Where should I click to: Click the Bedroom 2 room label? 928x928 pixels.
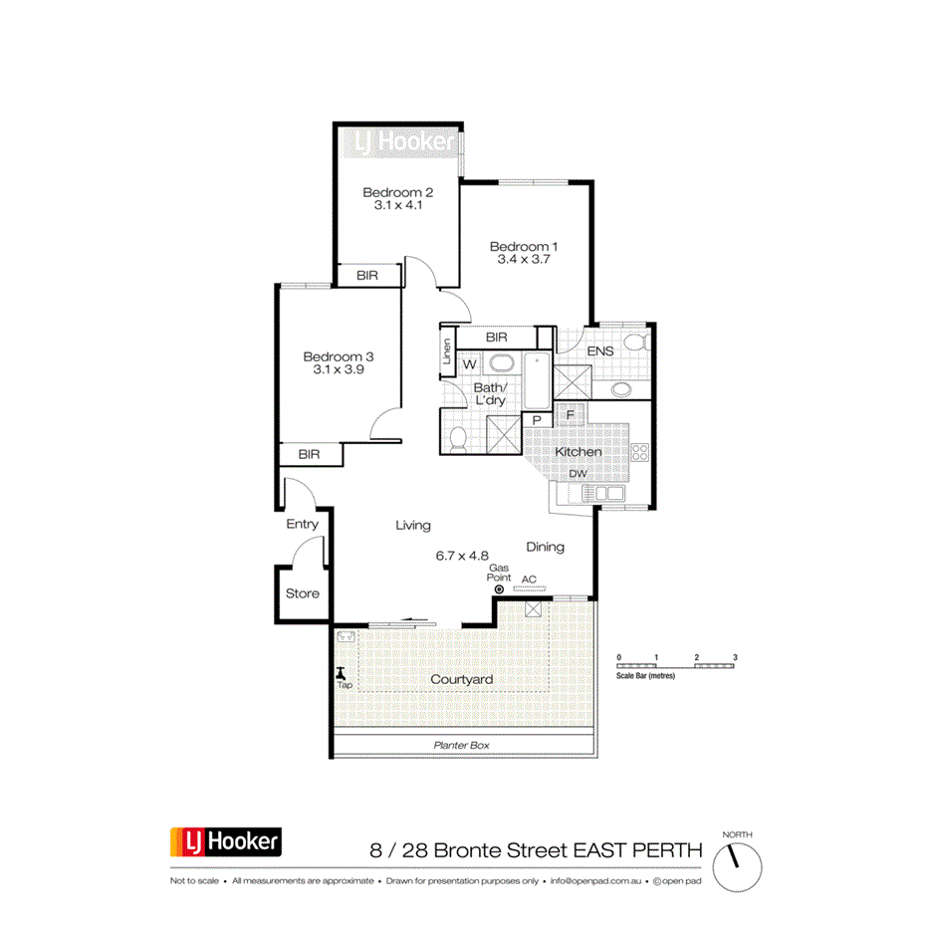click(x=397, y=192)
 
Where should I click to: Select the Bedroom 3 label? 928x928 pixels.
click(x=338, y=356)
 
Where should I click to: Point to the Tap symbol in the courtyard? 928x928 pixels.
click(x=342, y=673)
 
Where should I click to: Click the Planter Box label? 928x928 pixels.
click(x=461, y=745)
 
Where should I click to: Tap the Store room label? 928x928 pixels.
click(x=303, y=593)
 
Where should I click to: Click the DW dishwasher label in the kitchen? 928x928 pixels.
click(x=578, y=474)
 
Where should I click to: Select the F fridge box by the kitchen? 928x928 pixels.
click(x=571, y=414)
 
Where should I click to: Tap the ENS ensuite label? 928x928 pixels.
click(x=600, y=351)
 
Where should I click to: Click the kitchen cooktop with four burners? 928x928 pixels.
click(x=639, y=452)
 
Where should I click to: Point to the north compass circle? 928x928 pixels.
click(x=738, y=855)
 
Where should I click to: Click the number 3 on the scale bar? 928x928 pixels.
click(x=735, y=658)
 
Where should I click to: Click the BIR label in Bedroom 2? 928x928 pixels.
click(x=366, y=275)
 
